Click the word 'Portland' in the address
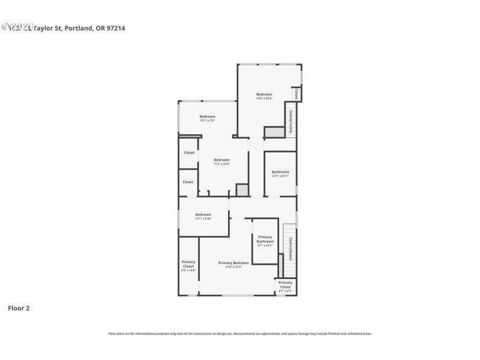coord(79,27)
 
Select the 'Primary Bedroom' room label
coord(233,263)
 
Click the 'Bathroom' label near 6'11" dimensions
coord(280,172)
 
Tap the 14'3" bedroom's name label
coord(264,94)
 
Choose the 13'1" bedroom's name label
coord(207,116)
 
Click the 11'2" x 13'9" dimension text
coord(222,164)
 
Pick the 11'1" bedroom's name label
coord(203,214)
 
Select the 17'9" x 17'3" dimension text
coord(233,267)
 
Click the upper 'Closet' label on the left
coord(189,152)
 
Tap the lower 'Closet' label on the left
coord(188,182)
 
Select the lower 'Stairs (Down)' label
coord(290,249)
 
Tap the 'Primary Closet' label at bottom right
coord(286,284)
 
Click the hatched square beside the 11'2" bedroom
coord(242,190)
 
